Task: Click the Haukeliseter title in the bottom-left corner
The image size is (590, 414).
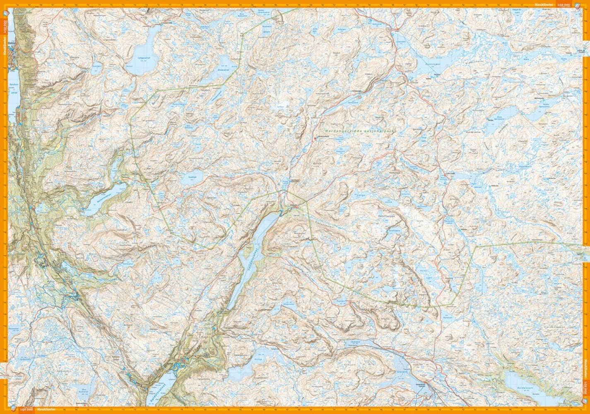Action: tap(43, 409)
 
